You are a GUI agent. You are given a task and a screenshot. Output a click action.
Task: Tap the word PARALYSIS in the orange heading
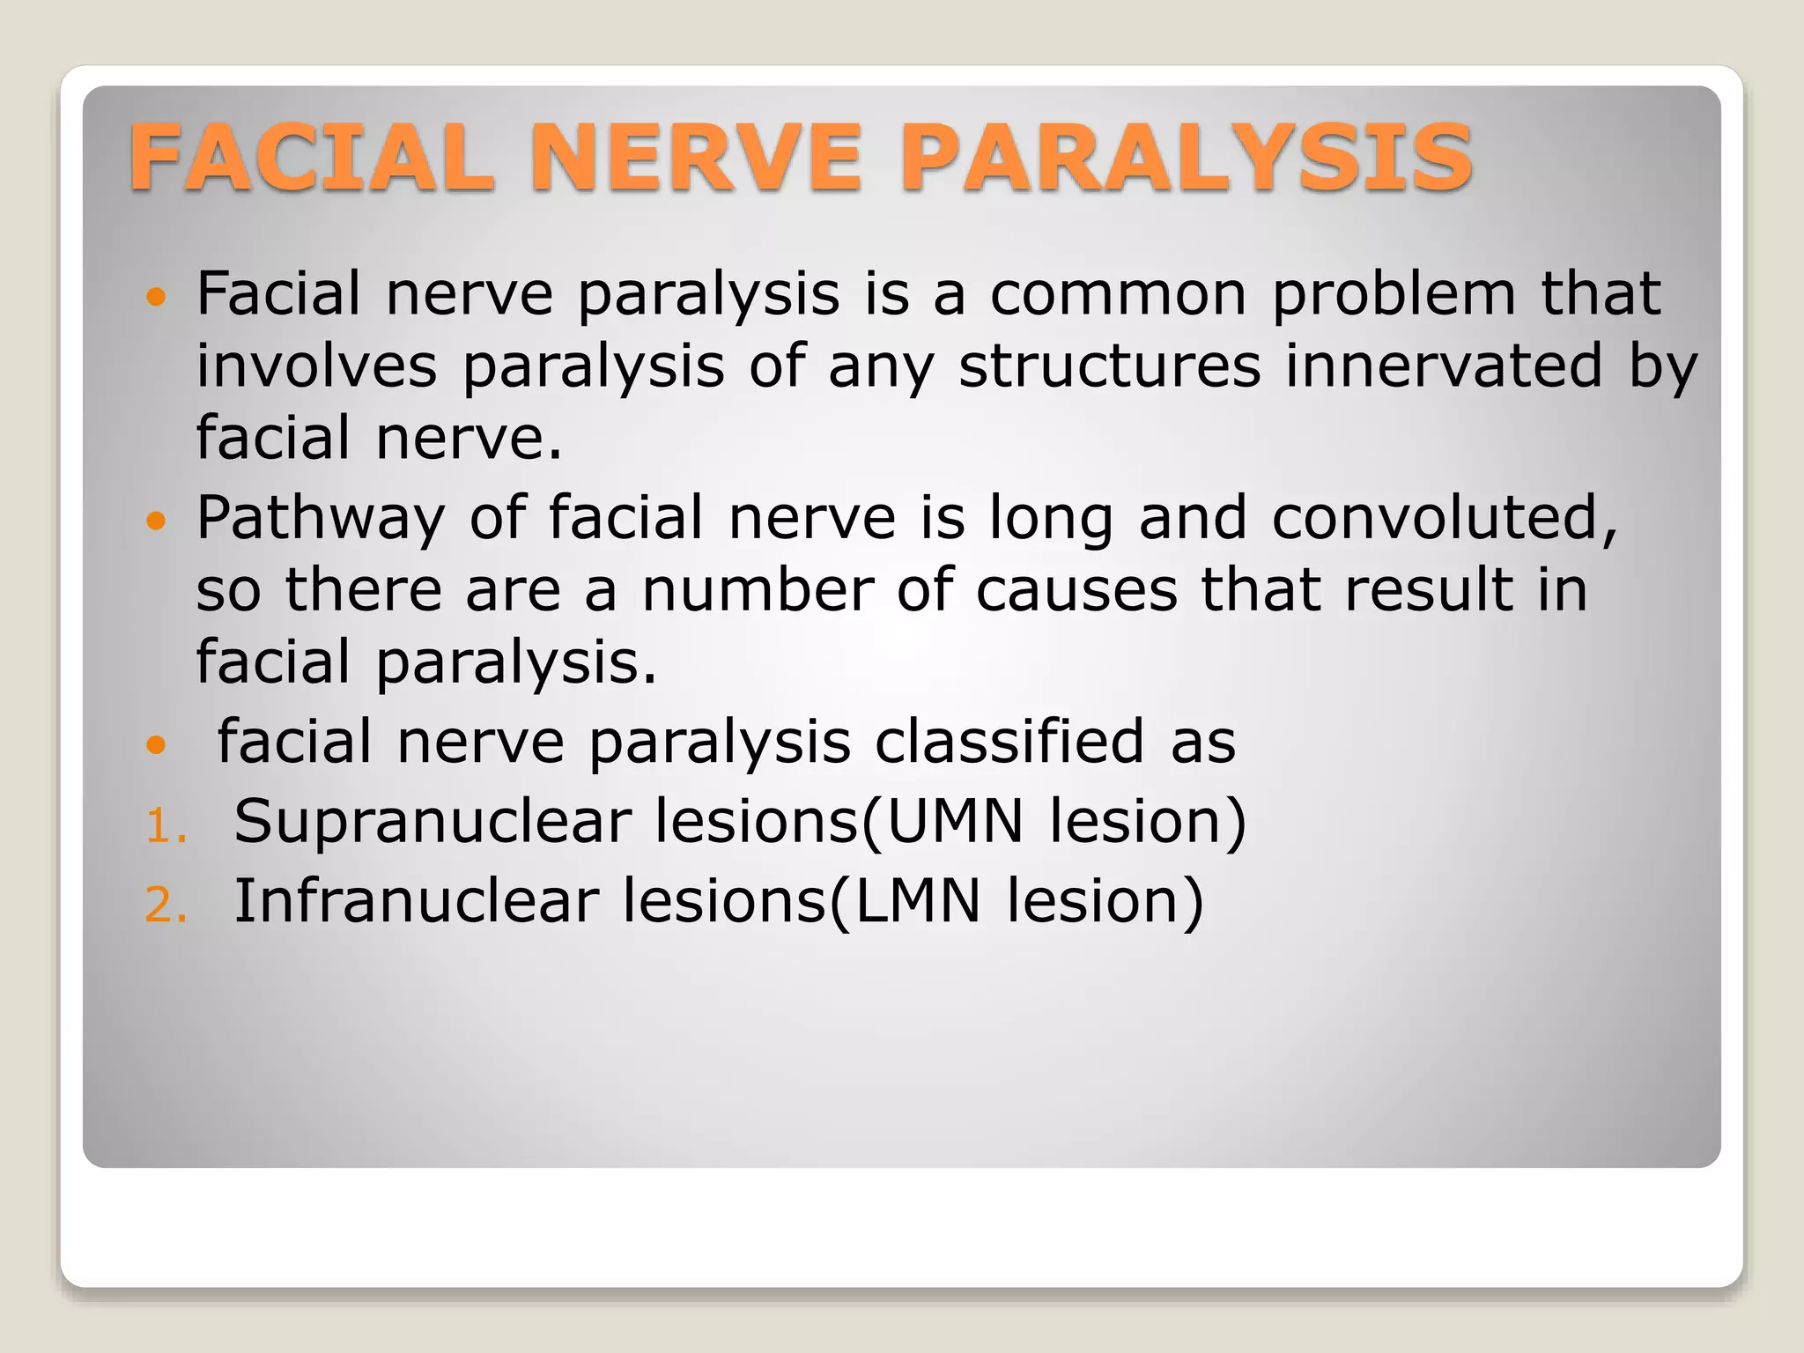[x=1186, y=158]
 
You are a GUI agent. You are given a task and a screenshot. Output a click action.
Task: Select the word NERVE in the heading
[x=696, y=158]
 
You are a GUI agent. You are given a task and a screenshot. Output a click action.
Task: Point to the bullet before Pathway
[x=156, y=521]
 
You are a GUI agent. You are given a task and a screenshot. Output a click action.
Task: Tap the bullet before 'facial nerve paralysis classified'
[x=156, y=745]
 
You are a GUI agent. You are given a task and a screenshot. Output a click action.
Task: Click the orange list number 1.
[x=166, y=828]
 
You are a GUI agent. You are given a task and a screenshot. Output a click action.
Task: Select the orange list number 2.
[x=166, y=906]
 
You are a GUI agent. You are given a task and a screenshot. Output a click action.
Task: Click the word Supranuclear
[x=433, y=823]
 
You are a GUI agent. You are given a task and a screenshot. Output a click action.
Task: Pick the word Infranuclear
[x=417, y=902]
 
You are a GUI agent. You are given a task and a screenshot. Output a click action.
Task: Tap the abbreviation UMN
[x=955, y=823]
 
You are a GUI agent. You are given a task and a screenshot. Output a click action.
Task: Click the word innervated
[x=1444, y=366]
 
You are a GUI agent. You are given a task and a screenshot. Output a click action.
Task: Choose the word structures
[x=1110, y=366]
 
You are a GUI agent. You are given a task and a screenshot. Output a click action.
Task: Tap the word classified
[x=1010, y=742]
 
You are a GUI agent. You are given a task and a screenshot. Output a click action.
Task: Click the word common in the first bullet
[x=1119, y=294]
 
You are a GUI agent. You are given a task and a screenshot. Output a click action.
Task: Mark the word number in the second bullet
[x=758, y=590]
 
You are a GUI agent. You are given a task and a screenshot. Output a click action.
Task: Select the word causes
[x=1076, y=590]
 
